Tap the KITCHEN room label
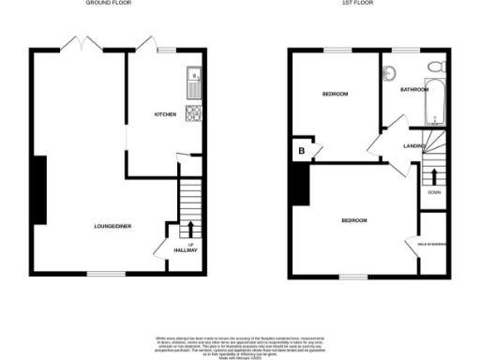tap(167, 115)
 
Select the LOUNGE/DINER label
tap(112, 226)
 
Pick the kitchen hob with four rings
tap(193, 115)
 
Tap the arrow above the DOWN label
tap(434, 175)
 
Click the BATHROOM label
tap(413, 90)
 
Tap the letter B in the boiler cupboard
tap(302, 150)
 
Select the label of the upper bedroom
tap(336, 94)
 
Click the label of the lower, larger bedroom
tap(353, 220)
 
